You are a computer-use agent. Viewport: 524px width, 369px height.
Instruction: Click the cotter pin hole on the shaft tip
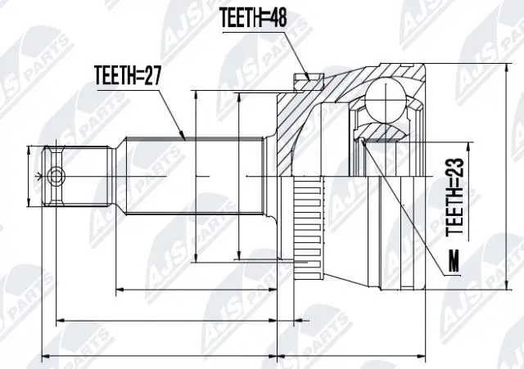[55, 175]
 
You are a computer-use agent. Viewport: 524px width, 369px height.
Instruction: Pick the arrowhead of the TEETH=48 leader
[309, 79]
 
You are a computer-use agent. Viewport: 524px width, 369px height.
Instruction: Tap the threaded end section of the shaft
[78, 176]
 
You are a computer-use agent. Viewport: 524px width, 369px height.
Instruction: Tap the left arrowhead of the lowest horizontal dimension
[44, 356]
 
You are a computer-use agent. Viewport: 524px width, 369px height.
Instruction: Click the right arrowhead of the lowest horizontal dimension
[425, 356]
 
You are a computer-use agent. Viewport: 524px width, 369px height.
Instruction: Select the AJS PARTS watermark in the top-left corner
[49, 33]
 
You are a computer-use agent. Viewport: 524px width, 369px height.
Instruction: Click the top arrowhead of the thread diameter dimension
[29, 150]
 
